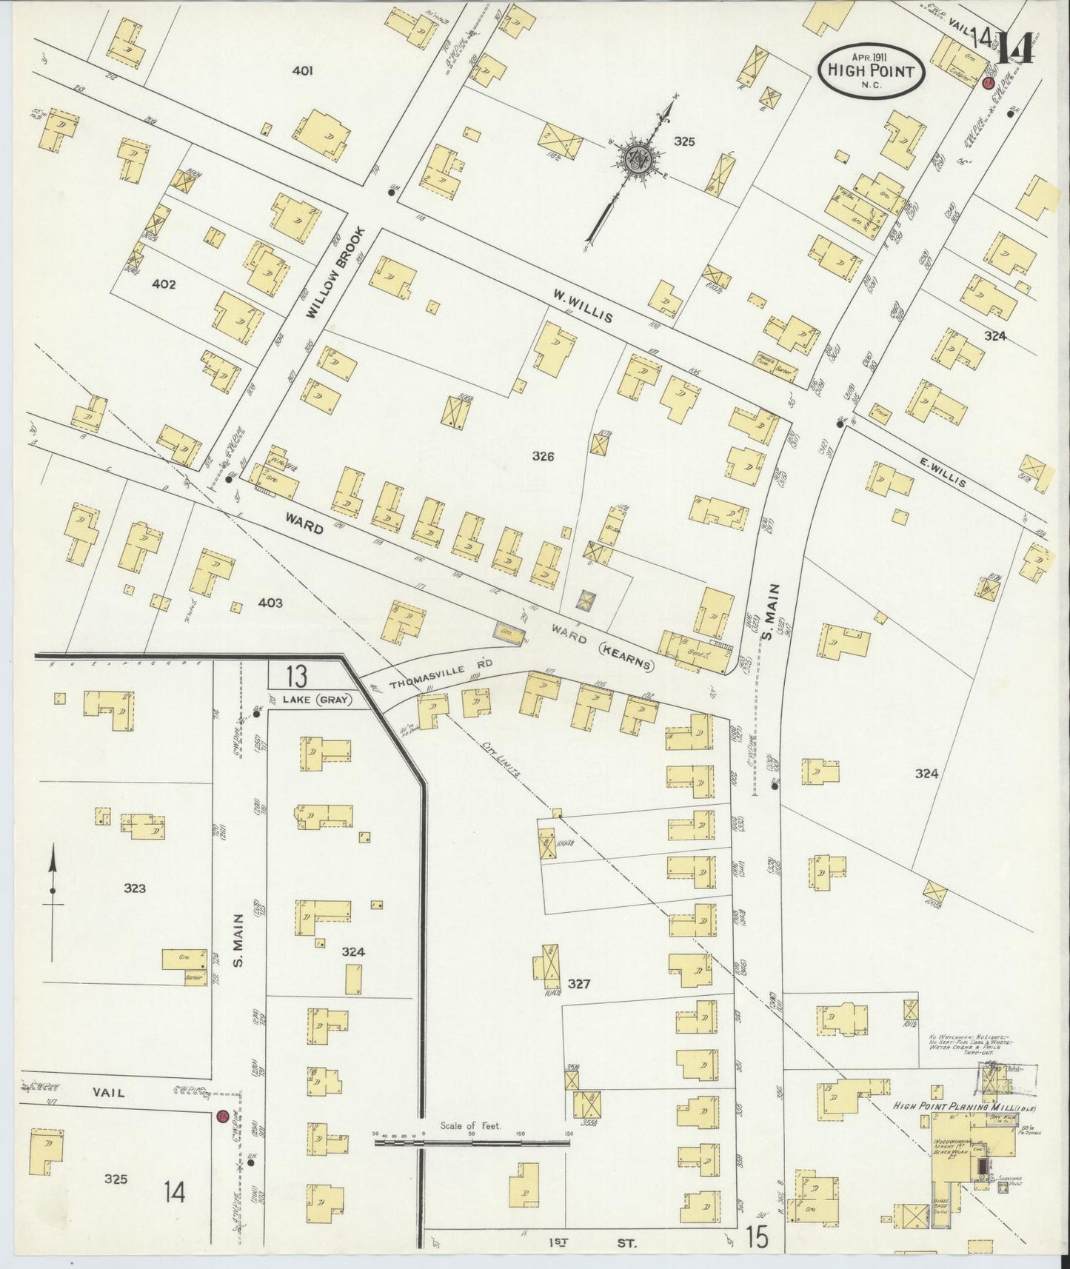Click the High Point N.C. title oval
[872, 71]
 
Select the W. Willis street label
[583, 306]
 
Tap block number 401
[302, 71]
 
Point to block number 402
[163, 284]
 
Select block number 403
[270, 603]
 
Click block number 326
[543, 457]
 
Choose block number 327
[578, 984]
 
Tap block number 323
[135, 889]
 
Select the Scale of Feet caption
[470, 1126]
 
